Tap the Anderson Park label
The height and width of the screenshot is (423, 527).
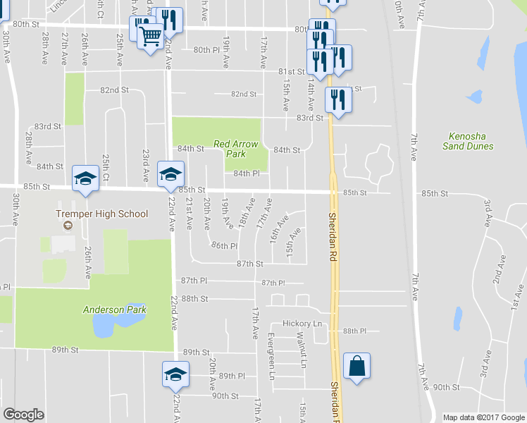click(113, 309)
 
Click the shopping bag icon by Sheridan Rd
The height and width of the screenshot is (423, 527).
click(357, 367)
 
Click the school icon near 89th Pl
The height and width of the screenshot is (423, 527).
click(175, 374)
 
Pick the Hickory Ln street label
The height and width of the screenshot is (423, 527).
click(297, 323)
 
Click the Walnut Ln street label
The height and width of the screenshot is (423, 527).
click(301, 350)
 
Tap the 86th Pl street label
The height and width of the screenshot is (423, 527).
click(224, 246)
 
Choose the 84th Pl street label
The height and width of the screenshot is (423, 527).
click(247, 173)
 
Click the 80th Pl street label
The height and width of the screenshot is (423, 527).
click(206, 50)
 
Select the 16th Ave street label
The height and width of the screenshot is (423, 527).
click(278, 231)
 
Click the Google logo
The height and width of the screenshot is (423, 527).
click(23, 415)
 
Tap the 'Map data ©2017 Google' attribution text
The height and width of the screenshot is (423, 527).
click(483, 417)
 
